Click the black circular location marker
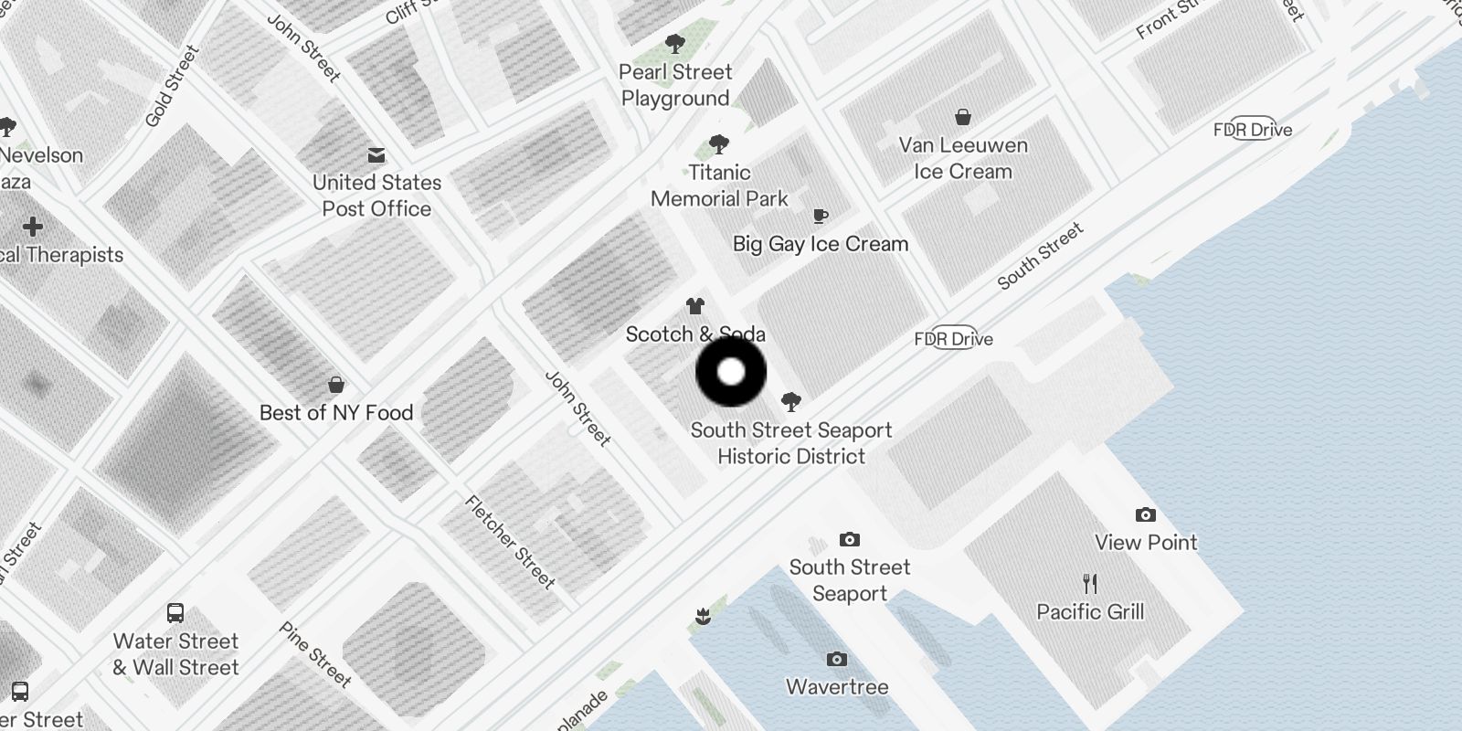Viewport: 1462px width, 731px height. point(731,372)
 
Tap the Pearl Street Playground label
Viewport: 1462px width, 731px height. point(675,85)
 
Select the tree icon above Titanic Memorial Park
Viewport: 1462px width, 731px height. point(719,144)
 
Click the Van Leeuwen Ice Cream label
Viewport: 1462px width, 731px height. point(963,158)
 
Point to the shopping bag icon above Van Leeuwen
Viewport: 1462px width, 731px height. point(963,117)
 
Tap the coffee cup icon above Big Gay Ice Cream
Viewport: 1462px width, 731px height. point(821,216)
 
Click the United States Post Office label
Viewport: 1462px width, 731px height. point(376,196)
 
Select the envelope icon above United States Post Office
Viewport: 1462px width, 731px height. point(376,155)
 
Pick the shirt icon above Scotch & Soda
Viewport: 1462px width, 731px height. point(695,306)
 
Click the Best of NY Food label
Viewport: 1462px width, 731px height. point(336,413)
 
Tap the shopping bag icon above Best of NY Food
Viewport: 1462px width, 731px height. point(336,385)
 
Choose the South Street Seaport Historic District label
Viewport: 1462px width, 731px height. point(791,443)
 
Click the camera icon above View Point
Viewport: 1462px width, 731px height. point(1145,515)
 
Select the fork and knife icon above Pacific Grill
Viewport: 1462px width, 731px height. point(1090,583)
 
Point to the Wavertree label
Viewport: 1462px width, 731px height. point(837,687)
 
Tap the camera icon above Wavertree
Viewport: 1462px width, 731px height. point(836,660)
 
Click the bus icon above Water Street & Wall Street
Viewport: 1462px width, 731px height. point(175,613)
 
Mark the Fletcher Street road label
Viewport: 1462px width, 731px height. point(510,542)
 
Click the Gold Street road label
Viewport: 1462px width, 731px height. point(172,87)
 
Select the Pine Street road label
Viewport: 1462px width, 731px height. point(315,654)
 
